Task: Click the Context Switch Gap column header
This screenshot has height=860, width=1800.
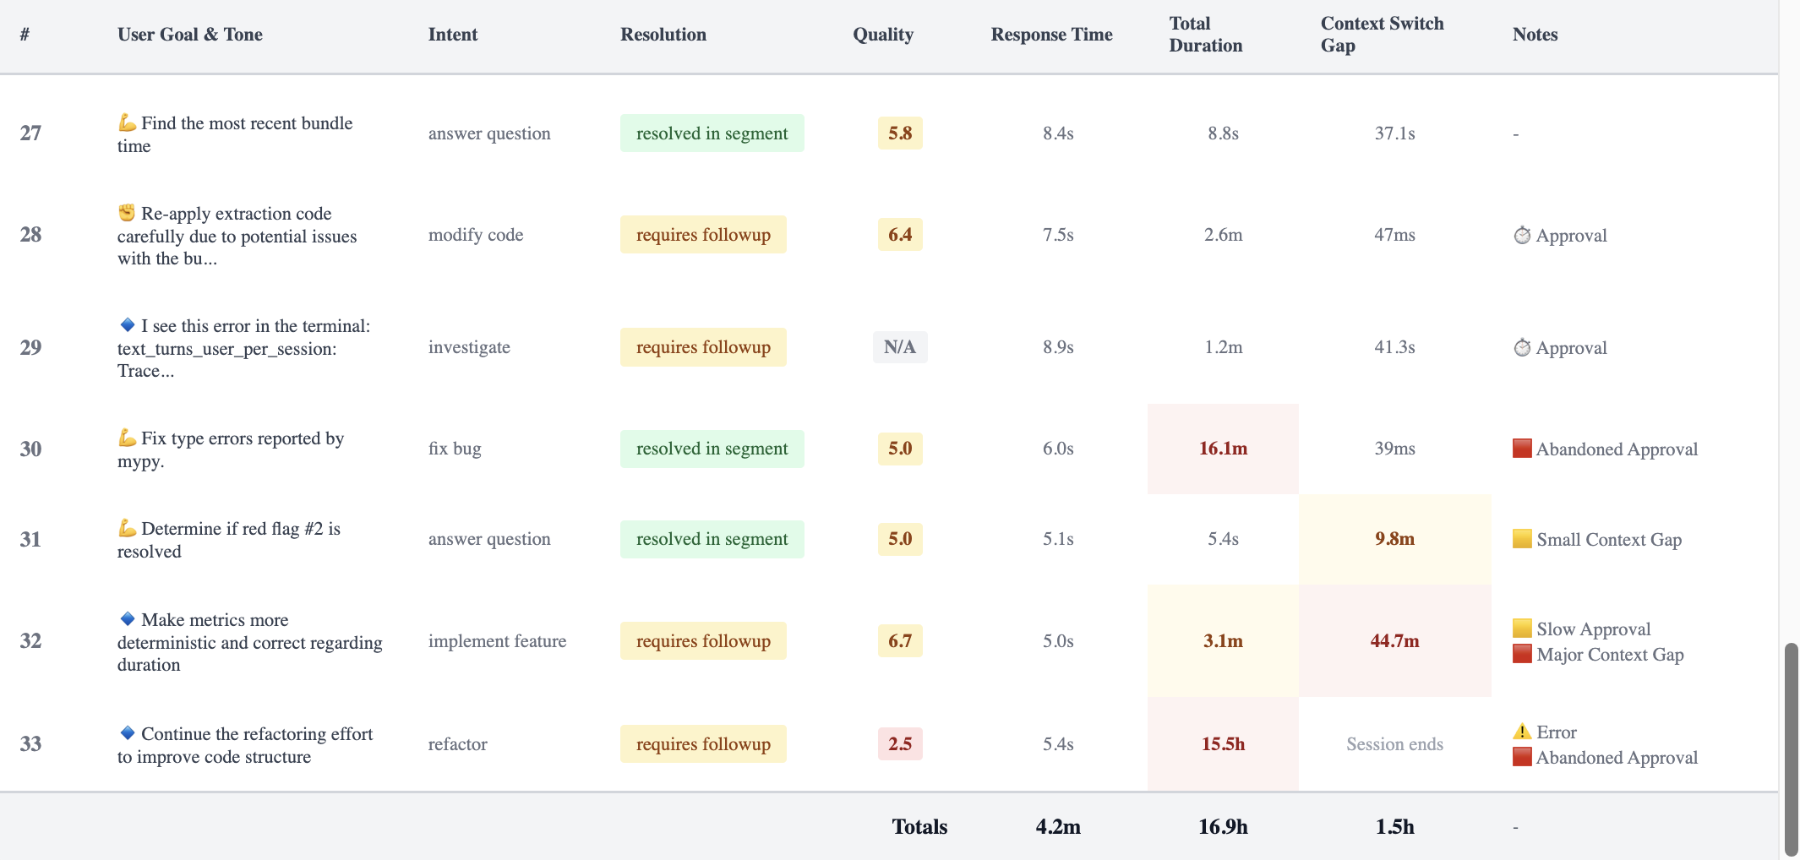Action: point(1382,35)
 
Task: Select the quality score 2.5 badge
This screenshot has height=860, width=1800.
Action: point(899,744)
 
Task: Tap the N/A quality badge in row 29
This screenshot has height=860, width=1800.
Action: point(899,347)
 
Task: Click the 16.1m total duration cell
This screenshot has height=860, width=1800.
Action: point(1222,449)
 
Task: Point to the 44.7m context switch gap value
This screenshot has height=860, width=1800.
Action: point(1394,641)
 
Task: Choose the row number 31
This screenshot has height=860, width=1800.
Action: point(30,539)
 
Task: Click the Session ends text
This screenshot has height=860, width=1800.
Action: point(1394,744)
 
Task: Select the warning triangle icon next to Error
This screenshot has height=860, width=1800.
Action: point(1522,732)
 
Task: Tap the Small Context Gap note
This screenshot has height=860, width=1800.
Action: point(1608,540)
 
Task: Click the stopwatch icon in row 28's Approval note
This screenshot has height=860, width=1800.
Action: point(1522,236)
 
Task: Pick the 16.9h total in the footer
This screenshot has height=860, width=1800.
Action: point(1222,827)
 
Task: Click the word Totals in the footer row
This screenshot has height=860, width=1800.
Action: point(919,827)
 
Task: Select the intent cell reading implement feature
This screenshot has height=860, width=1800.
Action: point(497,641)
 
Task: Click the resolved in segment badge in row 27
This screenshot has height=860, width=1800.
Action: point(712,133)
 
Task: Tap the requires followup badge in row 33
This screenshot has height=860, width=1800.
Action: point(703,744)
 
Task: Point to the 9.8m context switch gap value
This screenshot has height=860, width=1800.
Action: point(1394,539)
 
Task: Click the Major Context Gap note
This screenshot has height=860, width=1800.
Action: point(1609,655)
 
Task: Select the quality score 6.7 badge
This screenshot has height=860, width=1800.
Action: point(899,641)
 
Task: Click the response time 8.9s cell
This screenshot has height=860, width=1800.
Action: point(1057,347)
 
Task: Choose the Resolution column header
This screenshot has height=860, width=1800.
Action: point(663,35)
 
